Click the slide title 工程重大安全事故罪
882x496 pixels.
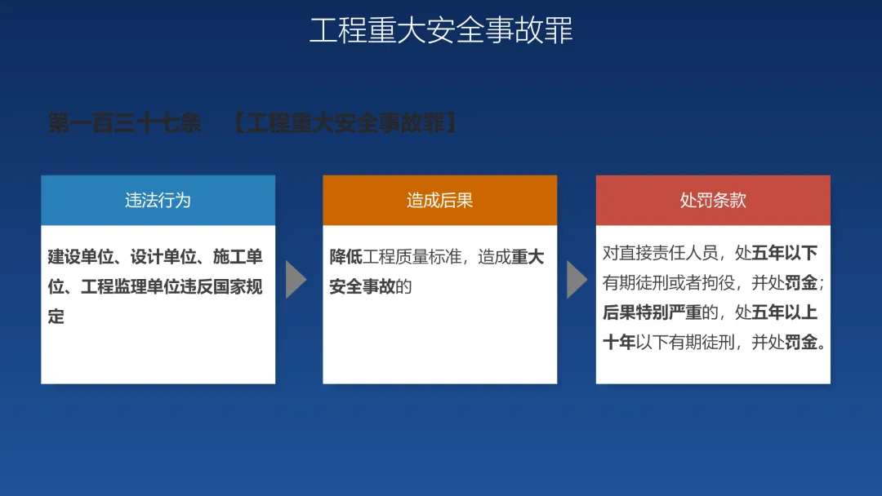441,30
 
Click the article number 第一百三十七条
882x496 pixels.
124,123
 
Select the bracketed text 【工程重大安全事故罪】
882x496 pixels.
345,123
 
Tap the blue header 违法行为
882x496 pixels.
158,201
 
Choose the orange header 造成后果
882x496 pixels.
440,201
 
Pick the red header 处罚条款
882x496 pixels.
713,201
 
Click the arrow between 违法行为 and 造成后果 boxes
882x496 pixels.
296,279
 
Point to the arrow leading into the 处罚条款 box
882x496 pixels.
576,279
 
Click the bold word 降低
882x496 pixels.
346,257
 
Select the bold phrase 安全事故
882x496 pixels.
363,286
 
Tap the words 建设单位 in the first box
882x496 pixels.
80,257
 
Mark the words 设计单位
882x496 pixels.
163,257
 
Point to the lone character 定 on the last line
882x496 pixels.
56,317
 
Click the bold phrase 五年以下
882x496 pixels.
784,254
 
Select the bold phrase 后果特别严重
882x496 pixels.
653,312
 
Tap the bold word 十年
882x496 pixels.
619,342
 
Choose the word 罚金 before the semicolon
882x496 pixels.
801,282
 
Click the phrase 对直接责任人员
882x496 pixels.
661,254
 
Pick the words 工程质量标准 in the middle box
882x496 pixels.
412,257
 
